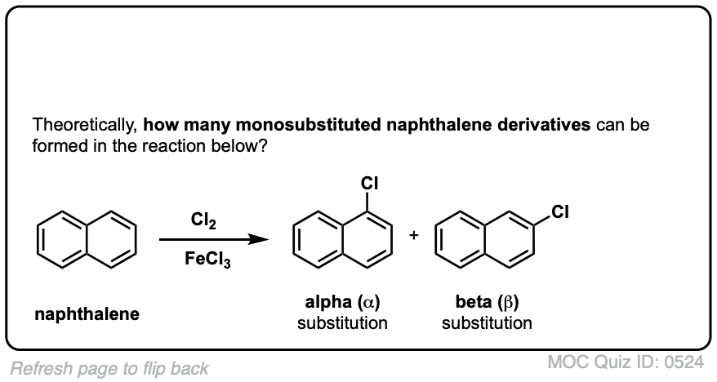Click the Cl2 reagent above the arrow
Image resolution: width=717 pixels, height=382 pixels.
(x=203, y=220)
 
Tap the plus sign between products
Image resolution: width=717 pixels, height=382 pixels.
(x=414, y=235)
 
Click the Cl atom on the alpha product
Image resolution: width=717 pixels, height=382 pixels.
(x=370, y=182)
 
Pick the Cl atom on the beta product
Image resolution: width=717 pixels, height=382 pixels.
(x=559, y=214)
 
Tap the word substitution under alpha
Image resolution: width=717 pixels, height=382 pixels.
(x=342, y=323)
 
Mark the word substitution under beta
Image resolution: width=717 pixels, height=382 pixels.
(x=488, y=323)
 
